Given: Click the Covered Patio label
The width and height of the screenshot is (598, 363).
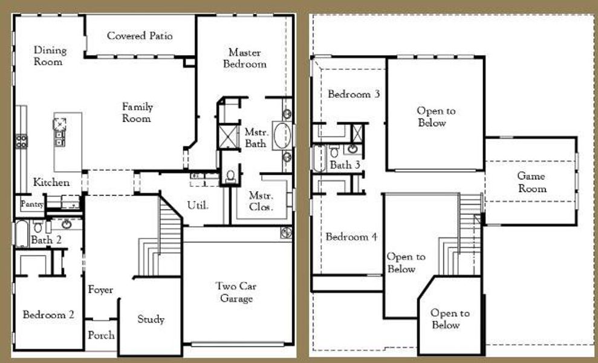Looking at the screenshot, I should coord(140,36).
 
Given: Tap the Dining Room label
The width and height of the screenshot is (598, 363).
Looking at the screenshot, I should coord(50,56).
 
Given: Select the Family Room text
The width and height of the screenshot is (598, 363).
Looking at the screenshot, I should coord(137,113).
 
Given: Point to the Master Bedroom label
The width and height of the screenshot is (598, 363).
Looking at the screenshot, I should coord(245,58).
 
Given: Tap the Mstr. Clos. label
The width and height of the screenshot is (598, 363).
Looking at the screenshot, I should coord(262,201).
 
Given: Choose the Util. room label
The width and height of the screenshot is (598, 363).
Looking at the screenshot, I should coord(198,205).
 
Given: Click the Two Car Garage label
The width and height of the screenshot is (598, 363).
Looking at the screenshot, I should coord(236,292).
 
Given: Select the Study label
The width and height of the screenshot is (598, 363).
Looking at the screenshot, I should coord(151,319).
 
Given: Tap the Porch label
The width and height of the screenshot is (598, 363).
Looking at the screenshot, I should coord(101,335).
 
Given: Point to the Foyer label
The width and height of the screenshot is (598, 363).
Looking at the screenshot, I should coord(100,290).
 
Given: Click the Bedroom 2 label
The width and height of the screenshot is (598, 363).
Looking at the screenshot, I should coord(48,315).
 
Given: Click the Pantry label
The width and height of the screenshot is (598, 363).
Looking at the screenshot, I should coord(33,204).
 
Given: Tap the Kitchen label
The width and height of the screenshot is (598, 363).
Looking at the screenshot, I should coord(51,182).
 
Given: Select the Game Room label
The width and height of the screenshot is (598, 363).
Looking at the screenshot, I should coord(531,182).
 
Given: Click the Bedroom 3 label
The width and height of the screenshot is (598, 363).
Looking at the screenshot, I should coord(354,94).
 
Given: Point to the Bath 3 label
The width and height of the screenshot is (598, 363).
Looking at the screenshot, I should coord(345,165).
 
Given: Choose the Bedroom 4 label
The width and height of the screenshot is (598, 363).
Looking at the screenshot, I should coord(351,237).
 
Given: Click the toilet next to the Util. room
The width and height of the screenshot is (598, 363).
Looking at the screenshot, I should coord(230,176).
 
